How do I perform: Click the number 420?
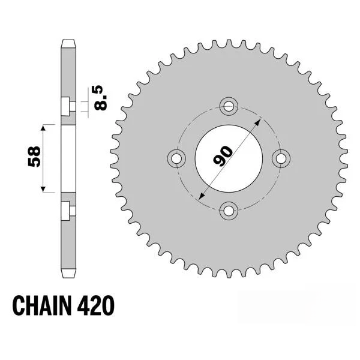(x=95, y=306)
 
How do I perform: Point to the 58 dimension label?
(x=34, y=157)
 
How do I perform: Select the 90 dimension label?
(x=223, y=155)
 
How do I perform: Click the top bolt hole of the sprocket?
(x=229, y=106)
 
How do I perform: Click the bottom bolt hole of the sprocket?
(x=229, y=211)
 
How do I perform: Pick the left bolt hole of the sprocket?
(x=176, y=158)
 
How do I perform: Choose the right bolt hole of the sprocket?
(x=281, y=158)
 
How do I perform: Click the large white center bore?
(x=229, y=158)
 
